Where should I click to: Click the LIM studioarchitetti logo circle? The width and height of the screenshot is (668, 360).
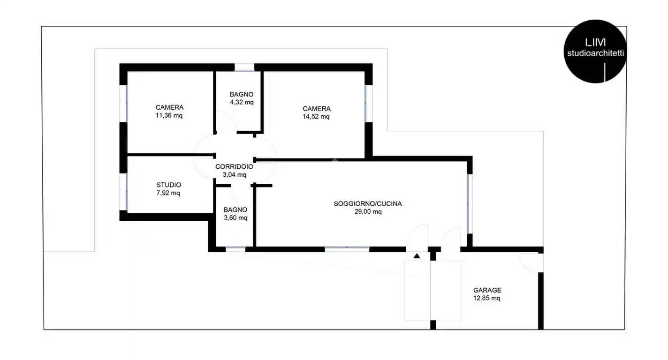(595, 51)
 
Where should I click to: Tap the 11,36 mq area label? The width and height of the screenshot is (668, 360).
(169, 115)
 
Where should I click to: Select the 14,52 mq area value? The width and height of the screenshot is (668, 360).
(316, 117)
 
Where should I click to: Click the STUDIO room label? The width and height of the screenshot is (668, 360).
(168, 185)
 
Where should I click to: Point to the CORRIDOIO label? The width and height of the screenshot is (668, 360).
(234, 166)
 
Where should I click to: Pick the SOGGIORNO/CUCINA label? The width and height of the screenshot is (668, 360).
(368, 203)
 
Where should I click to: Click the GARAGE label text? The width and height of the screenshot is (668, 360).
(487, 290)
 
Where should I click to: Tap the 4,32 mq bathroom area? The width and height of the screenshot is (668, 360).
(242, 102)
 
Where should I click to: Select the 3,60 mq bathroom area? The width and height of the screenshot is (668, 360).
(235, 217)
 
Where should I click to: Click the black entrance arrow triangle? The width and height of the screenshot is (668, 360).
(417, 256)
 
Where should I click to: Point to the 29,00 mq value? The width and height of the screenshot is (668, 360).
(368, 211)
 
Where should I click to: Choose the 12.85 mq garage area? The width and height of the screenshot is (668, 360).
(487, 298)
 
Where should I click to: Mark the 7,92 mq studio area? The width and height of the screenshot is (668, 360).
(168, 193)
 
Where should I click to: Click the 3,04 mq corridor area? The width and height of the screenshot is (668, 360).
(234, 174)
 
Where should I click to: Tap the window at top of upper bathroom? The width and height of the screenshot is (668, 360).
(244, 67)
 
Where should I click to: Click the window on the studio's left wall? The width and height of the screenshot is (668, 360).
(124, 192)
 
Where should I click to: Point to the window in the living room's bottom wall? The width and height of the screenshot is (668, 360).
(347, 249)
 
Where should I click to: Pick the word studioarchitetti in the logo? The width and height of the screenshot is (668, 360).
(595, 53)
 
